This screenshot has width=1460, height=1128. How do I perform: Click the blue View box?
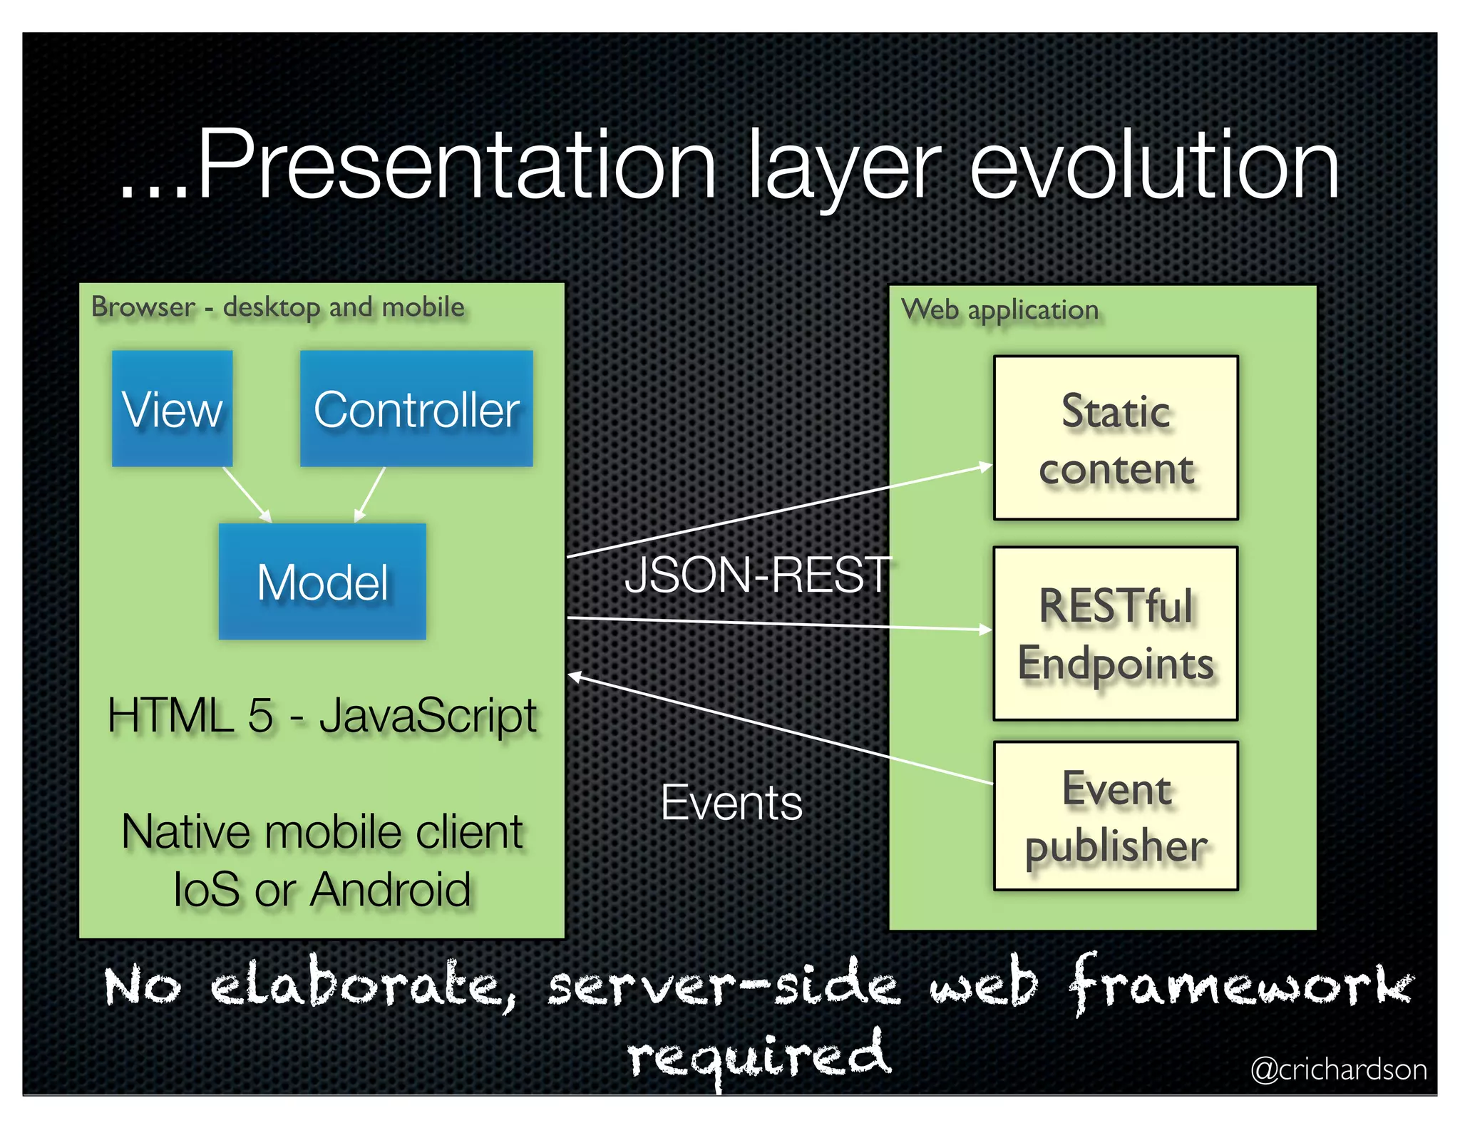pyautogui.click(x=172, y=409)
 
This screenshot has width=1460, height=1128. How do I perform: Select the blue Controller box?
pyautogui.click(x=416, y=409)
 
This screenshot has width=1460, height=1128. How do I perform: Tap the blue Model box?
pyautogui.click(x=322, y=582)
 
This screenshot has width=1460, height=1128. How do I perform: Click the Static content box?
pyautogui.click(x=1116, y=438)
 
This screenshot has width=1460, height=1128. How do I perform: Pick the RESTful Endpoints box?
pyautogui.click(x=1116, y=634)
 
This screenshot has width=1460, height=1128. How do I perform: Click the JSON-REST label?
pyautogui.click(x=757, y=575)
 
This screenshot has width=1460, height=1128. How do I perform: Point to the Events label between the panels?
pyautogui.click(x=731, y=803)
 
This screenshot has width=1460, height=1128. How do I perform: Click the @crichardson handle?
pyautogui.click(x=1338, y=1070)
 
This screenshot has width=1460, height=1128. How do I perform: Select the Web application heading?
pyautogui.click(x=999, y=310)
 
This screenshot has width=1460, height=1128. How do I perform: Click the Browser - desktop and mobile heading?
pyautogui.click(x=278, y=307)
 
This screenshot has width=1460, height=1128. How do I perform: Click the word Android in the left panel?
pyautogui.click(x=391, y=890)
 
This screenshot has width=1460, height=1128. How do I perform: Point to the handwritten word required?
pyautogui.click(x=759, y=1055)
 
